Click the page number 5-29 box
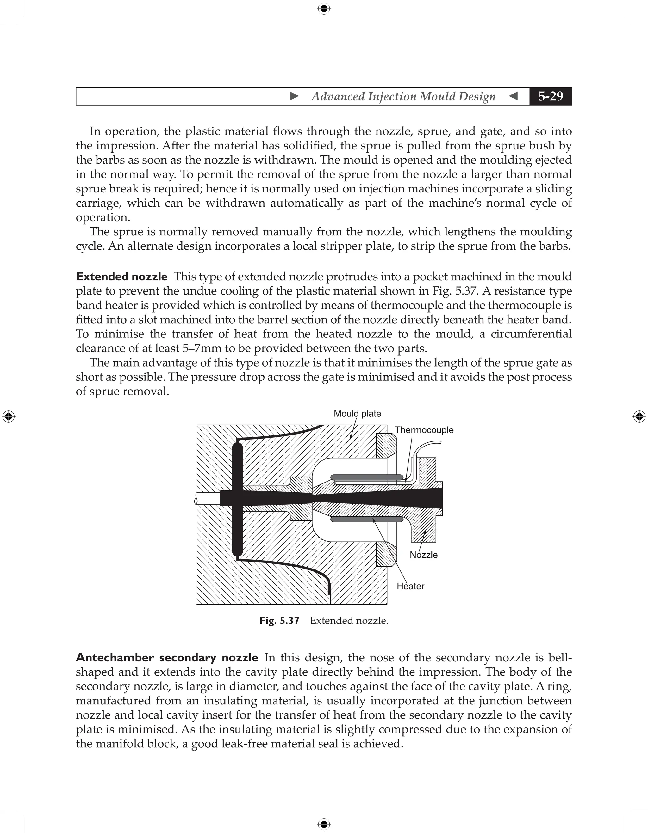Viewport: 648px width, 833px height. pos(550,96)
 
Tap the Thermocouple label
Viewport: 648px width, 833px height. pos(424,430)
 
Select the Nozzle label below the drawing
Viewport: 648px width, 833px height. pos(423,555)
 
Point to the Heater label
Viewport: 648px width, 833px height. pos(410,586)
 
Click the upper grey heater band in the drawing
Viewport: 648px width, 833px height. pos(367,477)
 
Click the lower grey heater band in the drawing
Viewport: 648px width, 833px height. pos(367,519)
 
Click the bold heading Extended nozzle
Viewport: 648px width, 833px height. pos(121,277)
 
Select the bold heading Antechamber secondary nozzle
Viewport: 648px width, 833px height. pos(167,658)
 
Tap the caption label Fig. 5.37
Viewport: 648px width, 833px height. pos(279,621)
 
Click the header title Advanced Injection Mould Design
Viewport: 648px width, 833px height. pos(403,96)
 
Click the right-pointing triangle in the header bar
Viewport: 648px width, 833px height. pos(294,96)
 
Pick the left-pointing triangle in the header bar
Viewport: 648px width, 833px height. pos(514,96)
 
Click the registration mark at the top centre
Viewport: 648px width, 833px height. pos(324,9)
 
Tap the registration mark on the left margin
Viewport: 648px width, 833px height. pos(9,416)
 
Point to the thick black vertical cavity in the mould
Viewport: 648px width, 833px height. pos(237,500)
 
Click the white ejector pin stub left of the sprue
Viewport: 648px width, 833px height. pos(207,498)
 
